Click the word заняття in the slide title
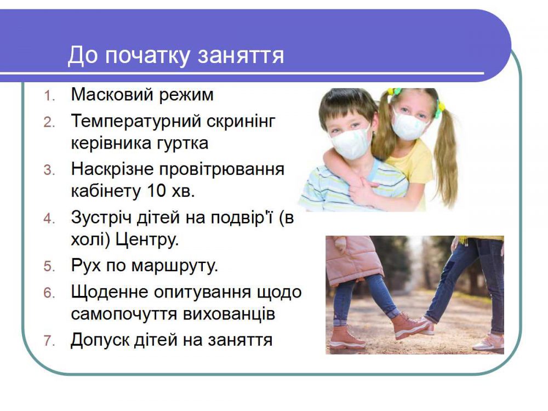(x=241, y=56)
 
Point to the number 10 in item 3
(x=156, y=191)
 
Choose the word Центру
(x=146, y=241)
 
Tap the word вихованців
(x=229, y=314)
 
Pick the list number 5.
(x=49, y=267)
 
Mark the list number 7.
(x=49, y=341)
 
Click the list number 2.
(x=49, y=122)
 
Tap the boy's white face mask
(x=350, y=142)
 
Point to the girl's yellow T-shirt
(x=414, y=161)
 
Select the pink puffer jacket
(x=352, y=259)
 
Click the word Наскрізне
(x=112, y=169)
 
